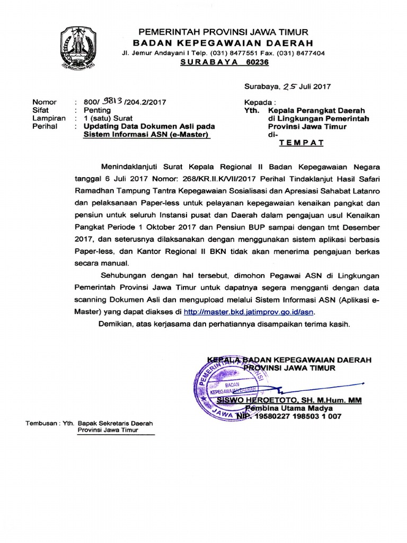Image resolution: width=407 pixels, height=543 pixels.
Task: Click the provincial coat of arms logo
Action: pyautogui.click(x=78, y=49)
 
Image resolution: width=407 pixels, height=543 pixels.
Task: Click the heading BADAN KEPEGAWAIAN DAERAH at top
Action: pyautogui.click(x=223, y=43)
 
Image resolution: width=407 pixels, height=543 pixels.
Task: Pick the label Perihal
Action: pyautogui.click(x=45, y=127)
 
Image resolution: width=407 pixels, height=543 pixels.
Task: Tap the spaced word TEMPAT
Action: pyautogui.click(x=301, y=143)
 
